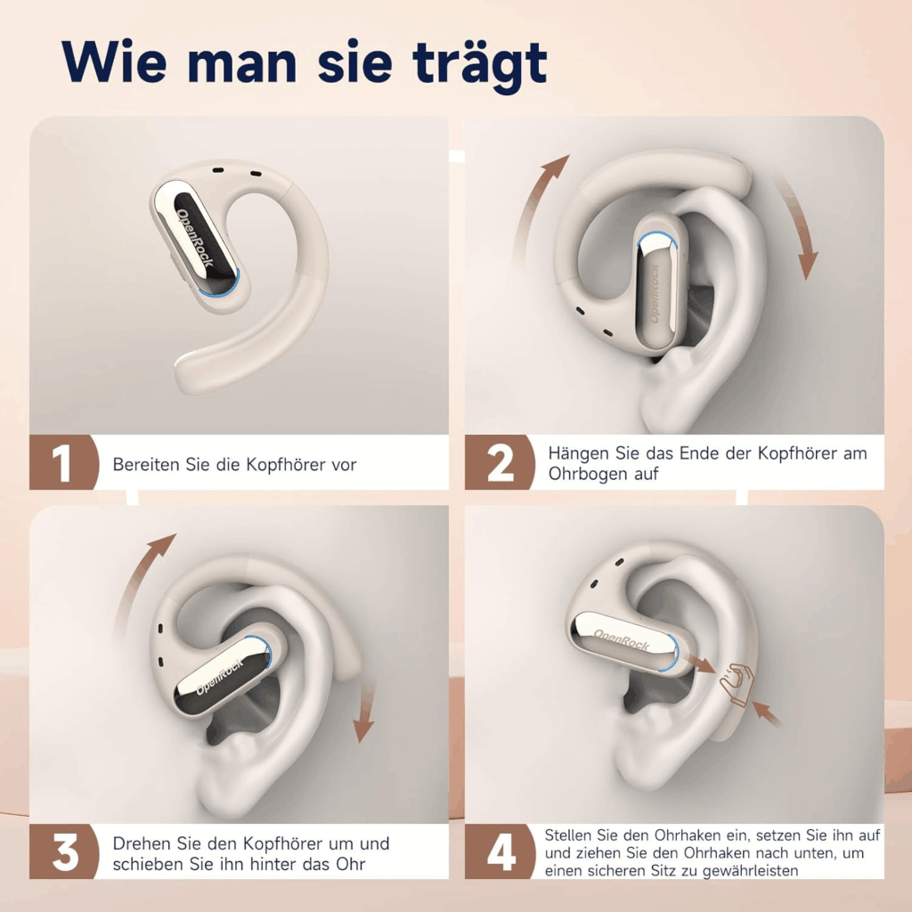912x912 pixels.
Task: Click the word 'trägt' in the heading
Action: point(480,64)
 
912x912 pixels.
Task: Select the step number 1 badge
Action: point(63,462)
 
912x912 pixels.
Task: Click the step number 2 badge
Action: point(500,462)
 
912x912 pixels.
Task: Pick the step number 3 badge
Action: point(63,851)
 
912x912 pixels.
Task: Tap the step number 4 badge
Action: point(500,851)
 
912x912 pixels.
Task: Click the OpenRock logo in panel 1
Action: point(195,238)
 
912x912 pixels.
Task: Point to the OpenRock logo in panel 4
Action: point(621,640)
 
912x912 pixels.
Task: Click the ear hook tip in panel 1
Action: point(185,368)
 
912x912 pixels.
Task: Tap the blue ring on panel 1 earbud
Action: point(224,287)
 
